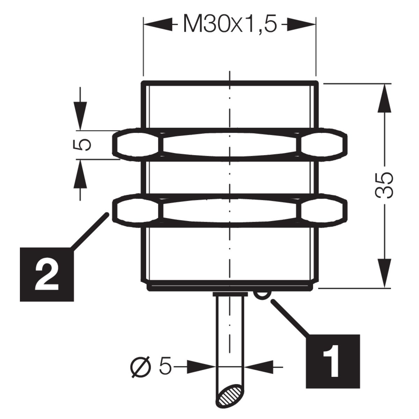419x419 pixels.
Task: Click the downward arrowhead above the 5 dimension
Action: point(80,116)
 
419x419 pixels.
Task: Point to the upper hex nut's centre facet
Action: point(230,145)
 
